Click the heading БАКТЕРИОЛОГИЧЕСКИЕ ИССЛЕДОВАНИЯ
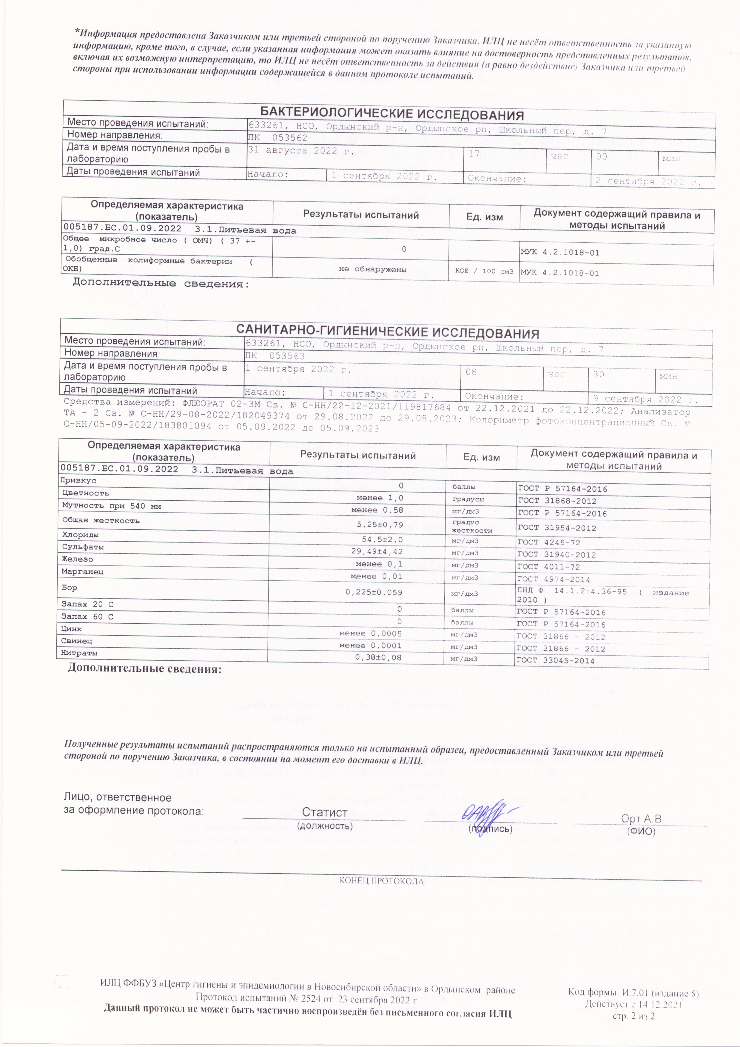(x=391, y=114)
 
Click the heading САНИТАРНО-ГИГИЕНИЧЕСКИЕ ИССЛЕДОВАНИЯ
(x=387, y=333)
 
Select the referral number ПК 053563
(x=275, y=356)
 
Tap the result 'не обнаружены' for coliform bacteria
(x=372, y=270)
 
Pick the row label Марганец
(x=82, y=571)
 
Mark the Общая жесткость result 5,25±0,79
(x=380, y=525)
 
